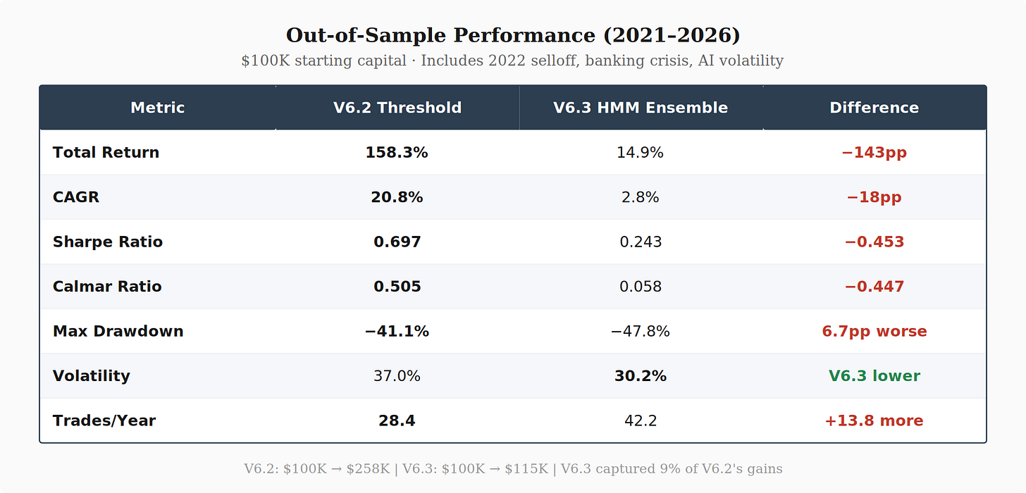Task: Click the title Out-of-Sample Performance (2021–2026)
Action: pos(513,35)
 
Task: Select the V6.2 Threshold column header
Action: pos(397,108)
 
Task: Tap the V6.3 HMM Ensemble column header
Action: pos(641,108)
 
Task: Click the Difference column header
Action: pos(874,108)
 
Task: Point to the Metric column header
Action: pos(158,108)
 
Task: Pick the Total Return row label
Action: pos(106,152)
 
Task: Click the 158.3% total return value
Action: pos(397,152)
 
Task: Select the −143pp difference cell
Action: pos(874,152)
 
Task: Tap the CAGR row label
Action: pos(75,197)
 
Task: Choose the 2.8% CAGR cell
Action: pos(641,197)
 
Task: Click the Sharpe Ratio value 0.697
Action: pos(397,242)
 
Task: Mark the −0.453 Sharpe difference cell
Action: pos(874,242)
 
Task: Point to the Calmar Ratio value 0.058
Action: pos(641,287)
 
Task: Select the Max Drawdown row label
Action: pos(118,331)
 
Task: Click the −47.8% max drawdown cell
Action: pos(641,331)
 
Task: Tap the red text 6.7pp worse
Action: pos(874,331)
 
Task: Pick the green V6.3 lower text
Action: pos(874,376)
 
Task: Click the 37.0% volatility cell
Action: pos(397,376)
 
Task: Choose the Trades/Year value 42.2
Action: pos(641,420)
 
